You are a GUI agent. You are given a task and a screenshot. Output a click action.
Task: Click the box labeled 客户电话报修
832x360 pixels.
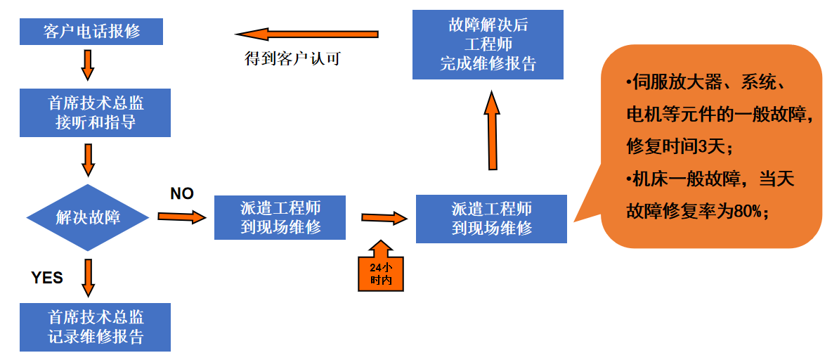[92, 32]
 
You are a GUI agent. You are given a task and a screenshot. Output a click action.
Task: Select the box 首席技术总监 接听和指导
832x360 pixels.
[96, 112]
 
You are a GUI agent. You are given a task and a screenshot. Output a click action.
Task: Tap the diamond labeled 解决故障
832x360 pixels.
[88, 217]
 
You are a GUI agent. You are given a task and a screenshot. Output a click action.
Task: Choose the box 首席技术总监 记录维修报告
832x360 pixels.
[96, 327]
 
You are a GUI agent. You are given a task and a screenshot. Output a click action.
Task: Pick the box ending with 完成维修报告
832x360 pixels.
[488, 45]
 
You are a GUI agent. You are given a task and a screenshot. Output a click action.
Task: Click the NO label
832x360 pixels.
[182, 194]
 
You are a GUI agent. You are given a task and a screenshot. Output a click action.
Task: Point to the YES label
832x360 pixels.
[47, 278]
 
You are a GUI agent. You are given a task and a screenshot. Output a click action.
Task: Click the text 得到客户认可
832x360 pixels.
[292, 58]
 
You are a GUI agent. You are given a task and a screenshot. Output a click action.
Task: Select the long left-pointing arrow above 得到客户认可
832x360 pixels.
[306, 34]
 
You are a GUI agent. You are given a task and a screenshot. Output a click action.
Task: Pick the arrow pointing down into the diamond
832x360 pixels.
[89, 160]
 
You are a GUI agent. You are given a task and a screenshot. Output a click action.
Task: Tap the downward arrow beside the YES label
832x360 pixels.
[89, 278]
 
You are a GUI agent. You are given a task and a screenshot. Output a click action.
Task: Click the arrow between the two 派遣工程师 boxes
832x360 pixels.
[384, 218]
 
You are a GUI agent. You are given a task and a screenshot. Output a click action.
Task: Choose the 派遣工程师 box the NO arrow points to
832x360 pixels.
[280, 217]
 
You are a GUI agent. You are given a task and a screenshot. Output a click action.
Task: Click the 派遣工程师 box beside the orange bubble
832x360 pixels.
[491, 219]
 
